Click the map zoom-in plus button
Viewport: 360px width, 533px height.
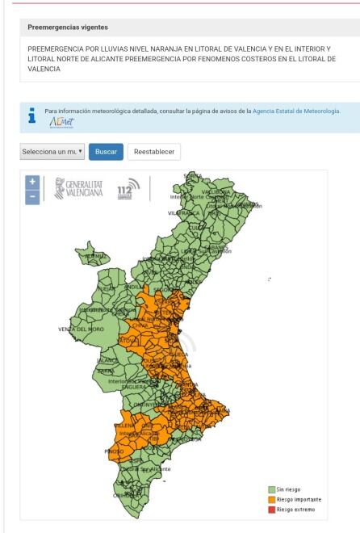(33, 181)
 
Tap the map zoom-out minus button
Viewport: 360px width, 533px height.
(33, 196)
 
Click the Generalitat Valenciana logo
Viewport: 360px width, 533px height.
(77, 190)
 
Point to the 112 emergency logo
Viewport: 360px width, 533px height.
(128, 190)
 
